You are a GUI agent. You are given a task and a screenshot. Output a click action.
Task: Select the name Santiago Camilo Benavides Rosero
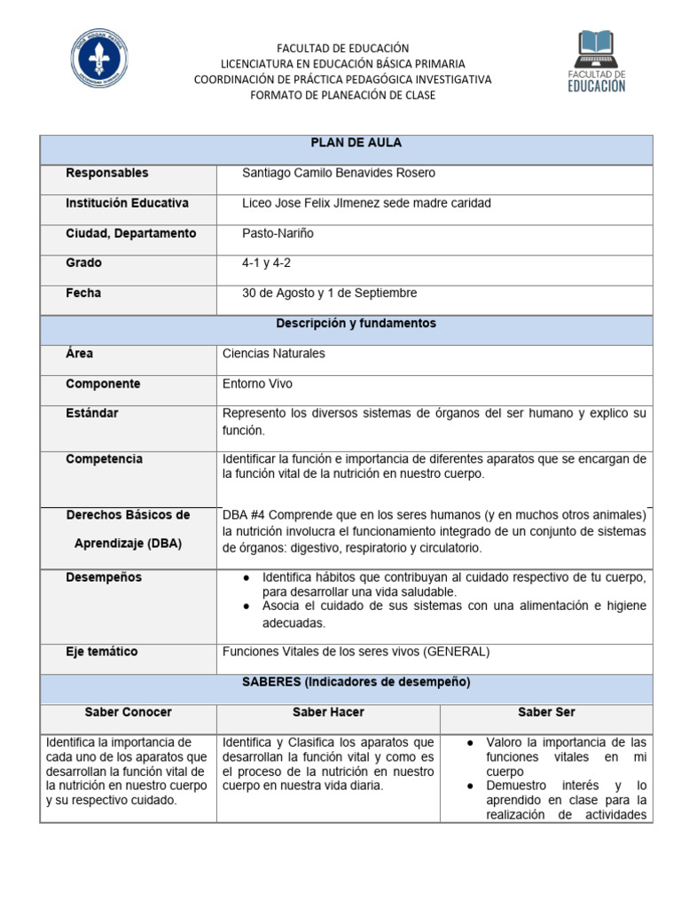[339, 174]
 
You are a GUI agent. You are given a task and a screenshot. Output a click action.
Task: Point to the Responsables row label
[107, 174]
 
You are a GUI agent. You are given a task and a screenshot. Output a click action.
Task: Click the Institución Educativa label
[127, 203]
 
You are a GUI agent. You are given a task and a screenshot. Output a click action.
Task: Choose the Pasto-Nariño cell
[278, 234]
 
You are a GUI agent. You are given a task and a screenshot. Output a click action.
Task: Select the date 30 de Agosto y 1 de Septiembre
[329, 294]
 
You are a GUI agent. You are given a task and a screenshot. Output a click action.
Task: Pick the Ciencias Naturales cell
[274, 354]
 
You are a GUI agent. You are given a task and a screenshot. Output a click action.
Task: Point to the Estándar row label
[92, 413]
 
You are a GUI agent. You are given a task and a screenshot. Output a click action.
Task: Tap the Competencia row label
[104, 459]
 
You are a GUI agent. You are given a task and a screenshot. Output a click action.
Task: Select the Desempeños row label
[104, 578]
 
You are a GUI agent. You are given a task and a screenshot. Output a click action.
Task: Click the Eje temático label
[102, 652]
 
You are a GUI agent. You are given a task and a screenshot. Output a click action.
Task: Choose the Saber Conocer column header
[129, 713]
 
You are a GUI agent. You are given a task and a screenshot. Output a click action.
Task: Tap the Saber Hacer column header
[328, 713]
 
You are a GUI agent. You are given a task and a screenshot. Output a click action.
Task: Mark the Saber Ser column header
[546, 713]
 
